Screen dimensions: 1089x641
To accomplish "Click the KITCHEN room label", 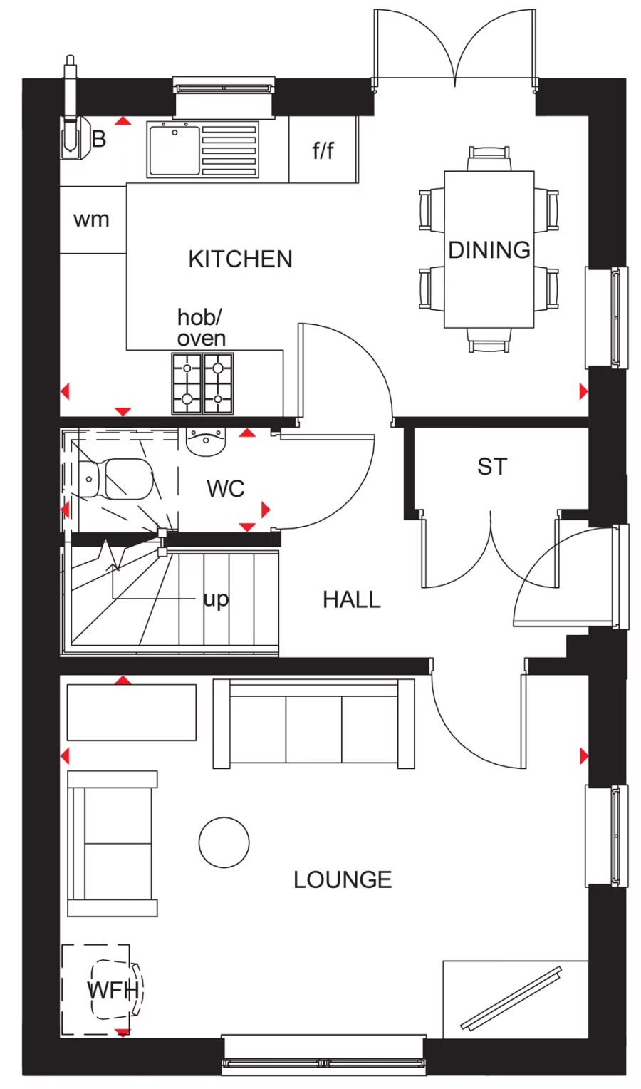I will coord(240,259).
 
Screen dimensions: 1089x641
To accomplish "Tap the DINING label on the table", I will coord(489,250).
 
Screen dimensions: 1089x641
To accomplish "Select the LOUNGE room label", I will coord(343,879).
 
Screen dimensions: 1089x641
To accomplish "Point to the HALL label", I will coord(351,599).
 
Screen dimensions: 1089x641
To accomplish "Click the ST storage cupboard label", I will coord(492,467).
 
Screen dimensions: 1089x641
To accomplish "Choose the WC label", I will coord(225,489).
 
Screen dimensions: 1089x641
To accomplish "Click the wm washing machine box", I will coord(93,220).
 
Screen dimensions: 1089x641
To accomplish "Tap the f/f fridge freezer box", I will coord(323,150).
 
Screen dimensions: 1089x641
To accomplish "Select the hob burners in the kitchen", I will coord(202,383).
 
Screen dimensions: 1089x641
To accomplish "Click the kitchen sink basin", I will coord(174,149).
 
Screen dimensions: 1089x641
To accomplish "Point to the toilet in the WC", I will coord(118,479).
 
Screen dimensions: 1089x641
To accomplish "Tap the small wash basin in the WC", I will coord(206,441).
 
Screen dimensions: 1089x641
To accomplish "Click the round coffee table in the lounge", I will coord(224,842).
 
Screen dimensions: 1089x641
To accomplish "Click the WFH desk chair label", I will coord(113,990).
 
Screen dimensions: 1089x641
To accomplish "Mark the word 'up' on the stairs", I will coord(216,599).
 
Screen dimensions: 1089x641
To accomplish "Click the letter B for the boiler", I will coord(99,139).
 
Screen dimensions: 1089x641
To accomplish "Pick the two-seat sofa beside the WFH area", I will coord(112,843).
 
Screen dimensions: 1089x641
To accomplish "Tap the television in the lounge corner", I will coord(511,998).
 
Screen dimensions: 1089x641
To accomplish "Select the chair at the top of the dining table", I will coord(489,158).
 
